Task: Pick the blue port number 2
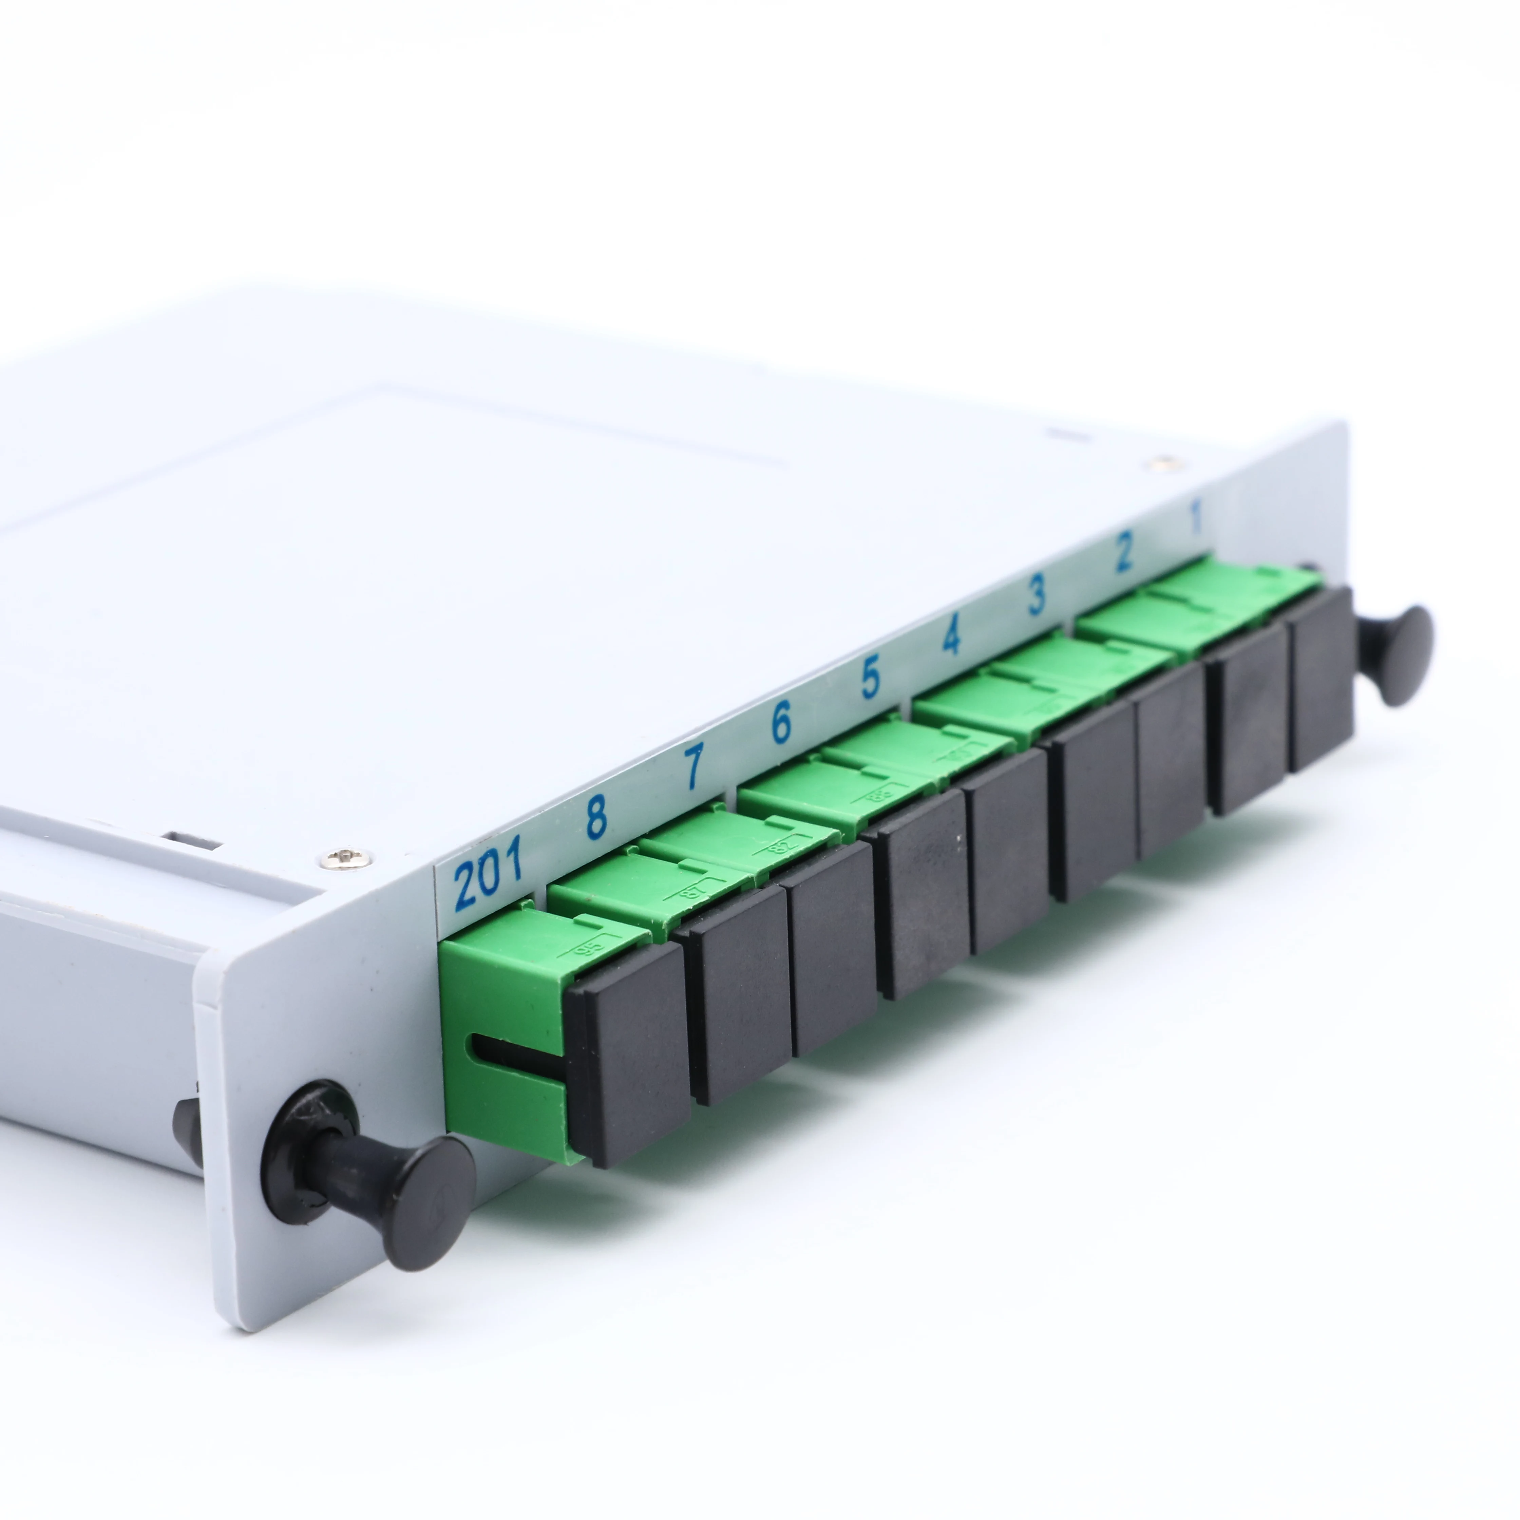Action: tap(1123, 552)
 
